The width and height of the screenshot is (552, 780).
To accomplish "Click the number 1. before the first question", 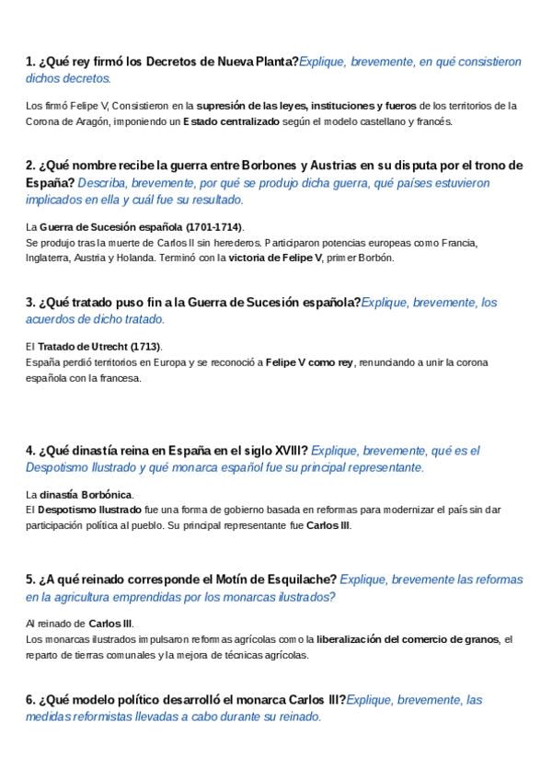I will click(30, 62).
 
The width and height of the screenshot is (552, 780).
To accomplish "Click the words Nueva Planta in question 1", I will click(259, 62).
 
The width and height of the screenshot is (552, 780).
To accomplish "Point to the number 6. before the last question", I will click(30, 700).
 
